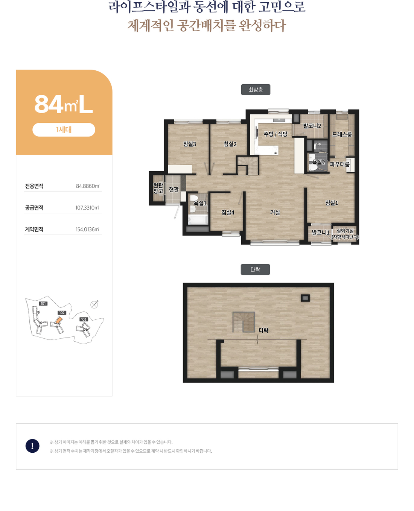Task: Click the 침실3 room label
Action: (189, 144)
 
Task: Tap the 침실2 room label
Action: (230, 144)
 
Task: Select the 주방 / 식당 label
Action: (275, 134)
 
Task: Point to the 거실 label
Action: (275, 212)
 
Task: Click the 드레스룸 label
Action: (342, 134)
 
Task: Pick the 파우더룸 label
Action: (339, 164)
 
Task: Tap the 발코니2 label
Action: (312, 126)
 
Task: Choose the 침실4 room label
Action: (228, 212)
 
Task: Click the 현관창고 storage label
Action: (158, 188)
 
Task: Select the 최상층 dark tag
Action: (256, 90)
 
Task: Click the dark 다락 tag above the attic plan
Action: (255, 269)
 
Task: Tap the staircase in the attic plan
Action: (244, 322)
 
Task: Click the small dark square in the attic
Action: (305, 298)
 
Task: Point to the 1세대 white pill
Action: (64, 130)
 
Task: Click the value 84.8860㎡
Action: (88, 186)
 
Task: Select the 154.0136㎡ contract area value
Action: (87, 230)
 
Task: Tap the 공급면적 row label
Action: (34, 208)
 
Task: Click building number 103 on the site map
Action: (84, 319)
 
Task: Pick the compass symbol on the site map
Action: (94, 304)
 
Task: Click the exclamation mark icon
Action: (32, 446)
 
